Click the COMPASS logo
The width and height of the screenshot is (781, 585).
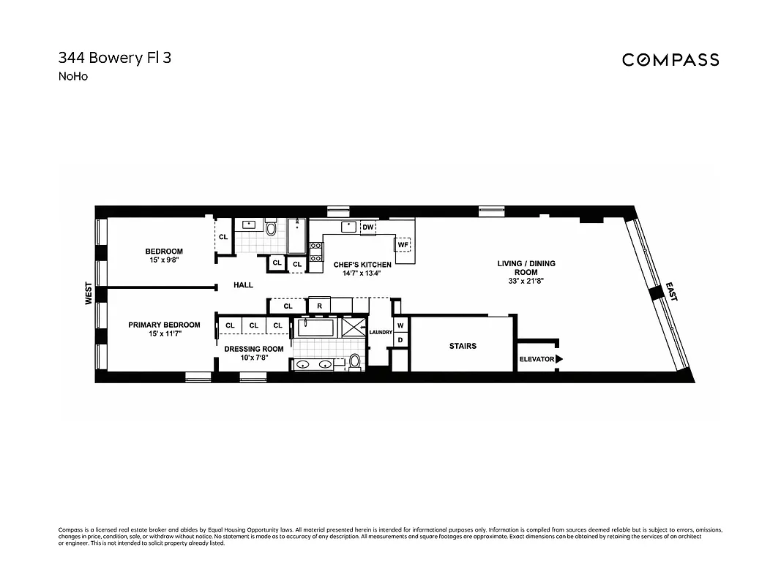[x=670, y=60]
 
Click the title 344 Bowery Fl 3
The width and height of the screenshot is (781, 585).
[x=114, y=58]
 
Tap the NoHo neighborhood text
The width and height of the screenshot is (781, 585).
[x=72, y=76]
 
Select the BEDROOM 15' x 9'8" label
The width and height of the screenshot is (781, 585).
[x=164, y=256]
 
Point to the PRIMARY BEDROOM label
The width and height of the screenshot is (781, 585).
[x=164, y=329]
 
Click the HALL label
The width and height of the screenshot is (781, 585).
[x=243, y=285]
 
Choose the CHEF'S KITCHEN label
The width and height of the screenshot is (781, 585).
[x=362, y=268]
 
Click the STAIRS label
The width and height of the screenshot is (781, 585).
[x=463, y=346]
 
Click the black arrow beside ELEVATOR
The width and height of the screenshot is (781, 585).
[x=559, y=359]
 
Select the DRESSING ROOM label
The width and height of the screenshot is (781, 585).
[x=253, y=353]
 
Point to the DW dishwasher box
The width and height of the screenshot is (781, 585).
[x=368, y=227]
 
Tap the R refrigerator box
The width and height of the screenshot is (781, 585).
[x=319, y=306]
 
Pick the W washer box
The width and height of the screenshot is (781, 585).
[x=400, y=325]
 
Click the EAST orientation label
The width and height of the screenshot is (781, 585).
[x=670, y=292]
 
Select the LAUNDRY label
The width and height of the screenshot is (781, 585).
[x=381, y=333]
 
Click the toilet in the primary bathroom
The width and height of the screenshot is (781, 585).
[x=355, y=361]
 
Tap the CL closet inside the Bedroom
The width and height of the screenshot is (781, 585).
[x=223, y=237]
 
